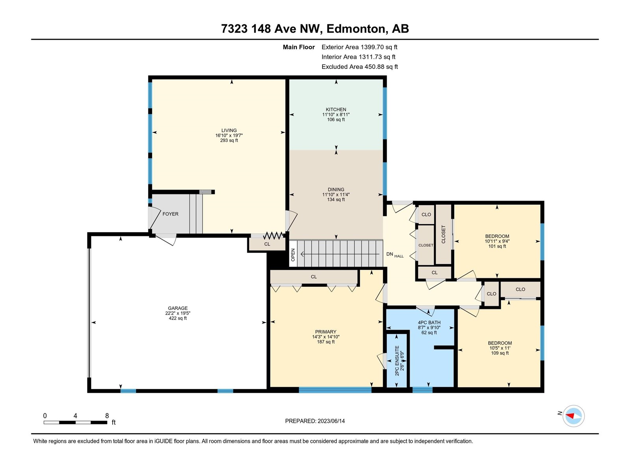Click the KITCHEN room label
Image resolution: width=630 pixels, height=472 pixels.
[x=336, y=109]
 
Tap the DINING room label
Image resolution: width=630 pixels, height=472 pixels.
[x=336, y=190]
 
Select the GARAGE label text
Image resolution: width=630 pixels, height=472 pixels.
[x=178, y=308]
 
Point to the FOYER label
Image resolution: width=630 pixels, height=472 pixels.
[x=170, y=214]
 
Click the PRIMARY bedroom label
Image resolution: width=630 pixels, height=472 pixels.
[x=326, y=332]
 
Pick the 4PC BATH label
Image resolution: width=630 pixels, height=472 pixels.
[x=429, y=323]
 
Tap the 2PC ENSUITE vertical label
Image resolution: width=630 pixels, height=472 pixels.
[x=397, y=361]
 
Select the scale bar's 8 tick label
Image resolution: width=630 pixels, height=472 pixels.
[x=107, y=415]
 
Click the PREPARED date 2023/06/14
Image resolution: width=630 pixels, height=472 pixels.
[x=331, y=421]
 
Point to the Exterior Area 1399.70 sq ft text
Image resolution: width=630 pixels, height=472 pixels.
[x=359, y=47]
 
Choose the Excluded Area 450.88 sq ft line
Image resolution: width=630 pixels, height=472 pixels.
[x=359, y=67]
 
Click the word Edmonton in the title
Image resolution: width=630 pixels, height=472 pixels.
[x=356, y=29]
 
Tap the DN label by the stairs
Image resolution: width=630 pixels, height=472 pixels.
[x=389, y=254]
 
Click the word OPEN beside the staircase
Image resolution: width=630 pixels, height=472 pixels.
[x=293, y=255]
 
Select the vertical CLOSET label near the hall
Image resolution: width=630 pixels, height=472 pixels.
[x=443, y=234]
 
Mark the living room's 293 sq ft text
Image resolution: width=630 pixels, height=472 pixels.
[x=229, y=140]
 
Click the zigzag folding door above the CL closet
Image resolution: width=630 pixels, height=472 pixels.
[x=273, y=236]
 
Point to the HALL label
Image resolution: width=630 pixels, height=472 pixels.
[x=399, y=256]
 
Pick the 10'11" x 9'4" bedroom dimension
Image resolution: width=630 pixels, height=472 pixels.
[x=497, y=241]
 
